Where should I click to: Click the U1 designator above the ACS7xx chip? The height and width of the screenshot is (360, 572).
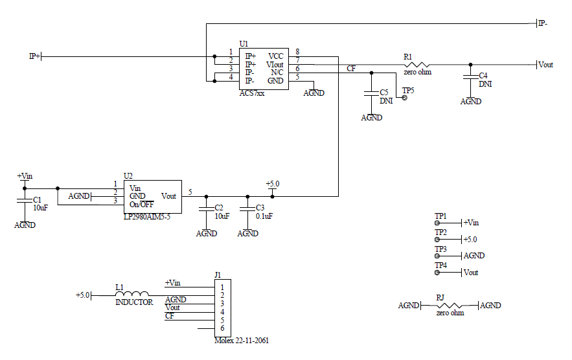[244, 43]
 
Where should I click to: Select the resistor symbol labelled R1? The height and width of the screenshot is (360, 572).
[417, 65]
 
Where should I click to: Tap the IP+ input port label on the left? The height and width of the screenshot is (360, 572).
[34, 56]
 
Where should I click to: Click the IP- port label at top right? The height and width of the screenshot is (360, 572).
[542, 24]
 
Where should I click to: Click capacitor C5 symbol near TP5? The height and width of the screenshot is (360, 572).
[371, 93]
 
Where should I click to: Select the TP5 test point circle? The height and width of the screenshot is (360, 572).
[405, 98]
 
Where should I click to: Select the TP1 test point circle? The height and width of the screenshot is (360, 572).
[437, 223]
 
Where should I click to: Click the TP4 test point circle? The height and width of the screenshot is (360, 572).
[437, 273]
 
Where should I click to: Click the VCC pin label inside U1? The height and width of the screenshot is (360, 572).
[275, 56]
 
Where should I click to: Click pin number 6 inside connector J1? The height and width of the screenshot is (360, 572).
[222, 328]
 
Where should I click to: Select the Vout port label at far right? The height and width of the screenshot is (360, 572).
[545, 65]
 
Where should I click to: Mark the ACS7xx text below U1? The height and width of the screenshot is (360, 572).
[252, 94]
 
